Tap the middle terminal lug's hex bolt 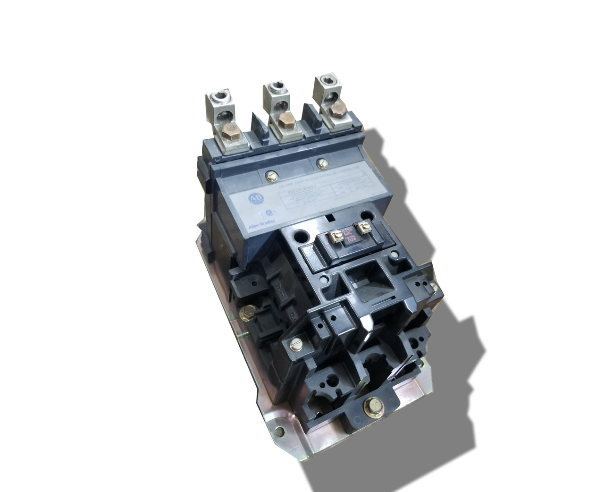(x=285, y=122)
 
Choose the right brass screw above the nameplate (x=322, y=164)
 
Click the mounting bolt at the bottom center (x=370, y=405)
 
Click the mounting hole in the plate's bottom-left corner (x=282, y=431)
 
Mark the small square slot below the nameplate (x=330, y=219)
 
